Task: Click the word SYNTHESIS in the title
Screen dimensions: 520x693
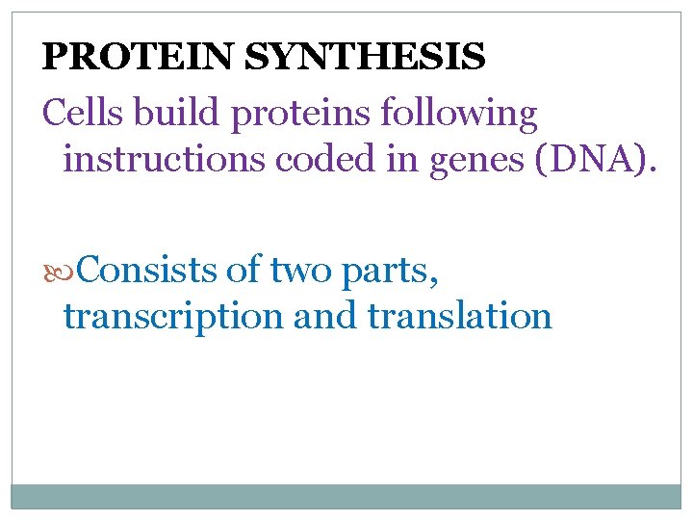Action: pos(365,58)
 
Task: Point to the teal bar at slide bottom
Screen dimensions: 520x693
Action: pos(346,496)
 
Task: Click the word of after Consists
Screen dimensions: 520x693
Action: pos(244,272)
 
